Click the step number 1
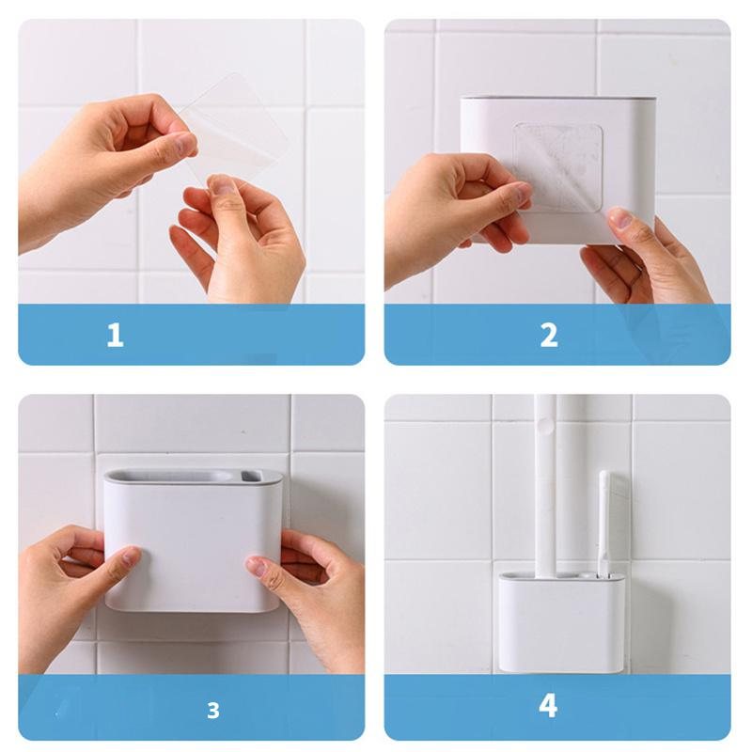tap(115, 335)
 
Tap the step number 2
tap(549, 336)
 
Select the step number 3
tap(213, 711)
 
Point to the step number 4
tap(548, 706)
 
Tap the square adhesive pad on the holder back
tap(557, 167)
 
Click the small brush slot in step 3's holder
tap(251, 476)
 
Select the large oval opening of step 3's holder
tap(173, 477)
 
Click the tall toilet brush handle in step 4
tap(546, 484)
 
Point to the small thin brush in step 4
tap(603, 523)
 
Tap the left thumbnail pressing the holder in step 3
tap(130, 556)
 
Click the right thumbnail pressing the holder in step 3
tap(256, 566)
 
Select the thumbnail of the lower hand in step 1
tap(222, 184)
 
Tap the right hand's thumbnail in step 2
tap(620, 217)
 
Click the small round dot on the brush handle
tap(544, 423)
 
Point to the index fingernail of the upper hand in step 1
tap(183, 144)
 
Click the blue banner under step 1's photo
tap(192, 335)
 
